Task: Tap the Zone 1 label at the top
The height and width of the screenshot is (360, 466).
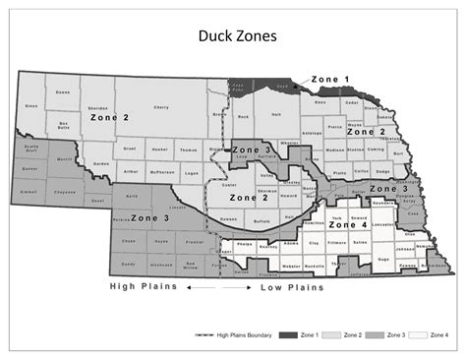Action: pos(329,78)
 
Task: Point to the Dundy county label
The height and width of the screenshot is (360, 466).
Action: pos(127,265)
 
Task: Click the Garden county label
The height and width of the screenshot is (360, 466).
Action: pos(100,163)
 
